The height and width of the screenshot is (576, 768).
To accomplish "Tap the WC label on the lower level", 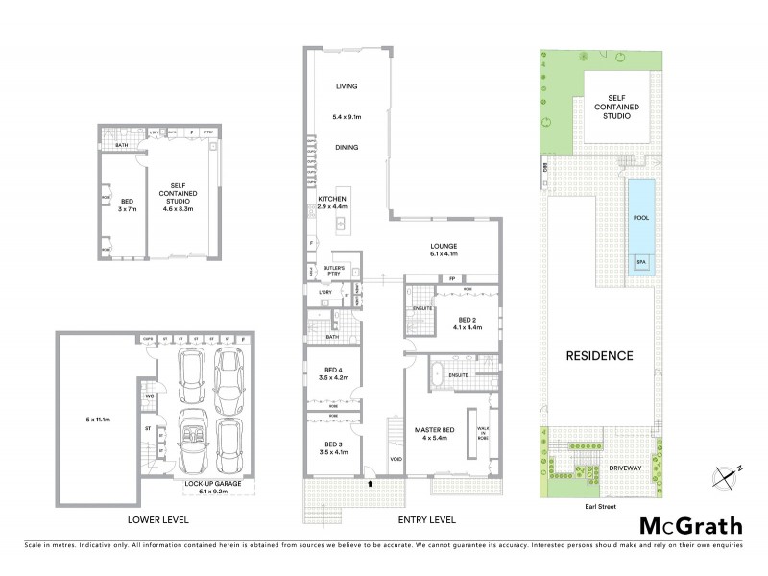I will (x=150, y=396).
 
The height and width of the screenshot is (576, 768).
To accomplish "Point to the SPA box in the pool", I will (x=640, y=261).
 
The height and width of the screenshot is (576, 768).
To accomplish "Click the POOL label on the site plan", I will (x=640, y=218).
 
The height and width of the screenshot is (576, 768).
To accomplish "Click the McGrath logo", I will (x=691, y=525).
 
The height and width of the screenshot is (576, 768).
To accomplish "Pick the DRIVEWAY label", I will (x=624, y=468).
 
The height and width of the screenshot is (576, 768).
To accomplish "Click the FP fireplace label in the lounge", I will (x=451, y=279).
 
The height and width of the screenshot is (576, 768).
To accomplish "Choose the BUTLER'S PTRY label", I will (x=333, y=272).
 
